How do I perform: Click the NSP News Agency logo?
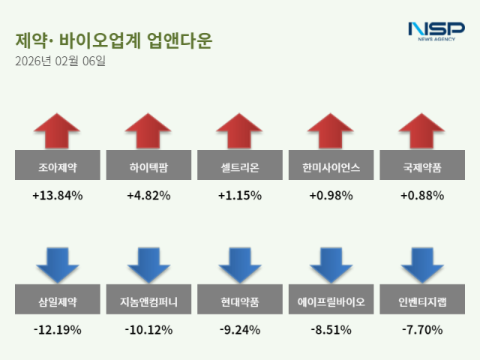pos(436,31)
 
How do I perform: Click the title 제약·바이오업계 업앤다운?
pos(112,40)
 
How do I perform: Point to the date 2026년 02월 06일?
pos(60,61)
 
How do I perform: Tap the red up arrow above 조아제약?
pos(57,132)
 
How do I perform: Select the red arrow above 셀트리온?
pos(240,132)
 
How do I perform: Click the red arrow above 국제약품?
pos(423,132)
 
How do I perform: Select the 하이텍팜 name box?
pos(148,166)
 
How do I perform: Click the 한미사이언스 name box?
pos(331,166)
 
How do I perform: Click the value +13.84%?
pos(57,196)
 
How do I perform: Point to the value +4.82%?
pos(148,196)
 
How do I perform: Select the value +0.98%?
pos(331,196)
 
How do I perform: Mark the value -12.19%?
pos(57,329)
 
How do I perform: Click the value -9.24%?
pos(240,329)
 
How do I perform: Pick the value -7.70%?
pos(423,329)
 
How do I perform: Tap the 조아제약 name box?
pos(57,166)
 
